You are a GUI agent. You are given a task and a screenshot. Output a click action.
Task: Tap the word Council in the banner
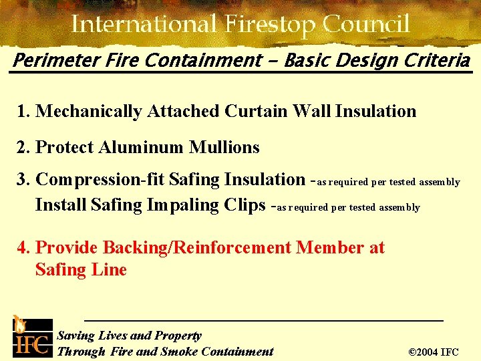coord(366,25)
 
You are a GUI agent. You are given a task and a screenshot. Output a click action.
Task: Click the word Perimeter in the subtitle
coord(50,62)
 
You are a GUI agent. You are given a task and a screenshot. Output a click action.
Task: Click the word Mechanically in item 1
coord(88,112)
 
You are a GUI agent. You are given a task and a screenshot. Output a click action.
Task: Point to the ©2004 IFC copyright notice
coord(433,352)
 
